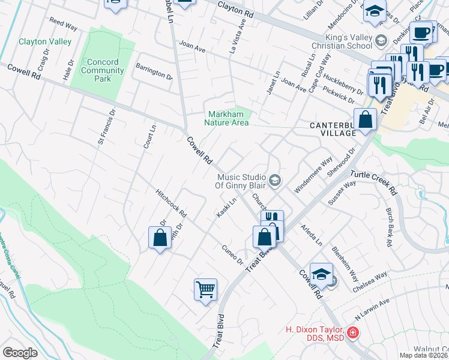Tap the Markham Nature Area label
228,118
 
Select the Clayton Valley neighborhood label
45,41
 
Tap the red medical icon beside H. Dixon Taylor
353,332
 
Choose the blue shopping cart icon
205,289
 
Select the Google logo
20,352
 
